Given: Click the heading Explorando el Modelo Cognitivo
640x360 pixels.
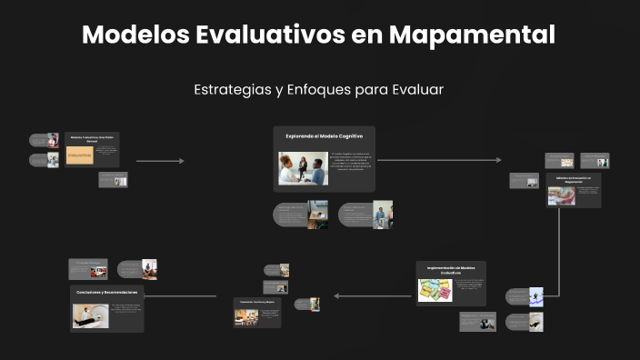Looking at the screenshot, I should point(324,135).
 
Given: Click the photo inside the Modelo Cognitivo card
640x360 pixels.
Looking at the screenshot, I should point(303,168).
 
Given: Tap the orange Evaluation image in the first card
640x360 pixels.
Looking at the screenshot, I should point(80,155).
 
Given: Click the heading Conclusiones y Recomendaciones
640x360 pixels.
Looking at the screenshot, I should point(106,292).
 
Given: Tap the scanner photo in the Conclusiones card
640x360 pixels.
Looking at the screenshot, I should point(91,315).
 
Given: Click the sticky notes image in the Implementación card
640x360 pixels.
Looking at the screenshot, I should point(434,289).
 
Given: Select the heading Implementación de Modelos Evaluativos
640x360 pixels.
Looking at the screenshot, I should point(450,269).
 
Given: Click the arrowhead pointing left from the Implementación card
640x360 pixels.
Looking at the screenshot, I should point(337,295).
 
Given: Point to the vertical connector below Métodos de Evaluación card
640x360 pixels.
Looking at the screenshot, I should point(558,250).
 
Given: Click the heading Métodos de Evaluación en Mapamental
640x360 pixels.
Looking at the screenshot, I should point(573,180).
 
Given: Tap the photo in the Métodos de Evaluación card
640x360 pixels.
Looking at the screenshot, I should point(561,195).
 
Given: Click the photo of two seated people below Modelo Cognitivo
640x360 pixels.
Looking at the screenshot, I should point(317,215).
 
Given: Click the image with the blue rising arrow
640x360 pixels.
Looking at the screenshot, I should point(536,295).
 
